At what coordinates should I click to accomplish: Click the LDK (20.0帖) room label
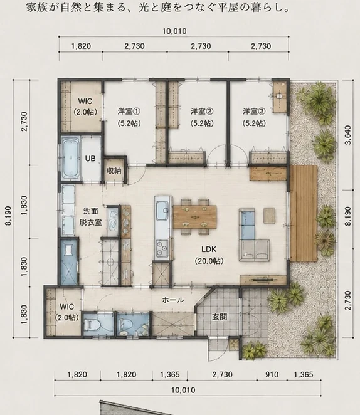point(209,255)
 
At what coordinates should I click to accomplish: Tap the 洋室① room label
point(129,117)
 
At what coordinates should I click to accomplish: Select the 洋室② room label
point(202,117)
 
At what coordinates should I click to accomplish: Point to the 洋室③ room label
point(254,117)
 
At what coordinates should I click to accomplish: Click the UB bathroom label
point(90,159)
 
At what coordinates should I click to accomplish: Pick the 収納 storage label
point(114,171)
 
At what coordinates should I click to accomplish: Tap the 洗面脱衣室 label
point(90,217)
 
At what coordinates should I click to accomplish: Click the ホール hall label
point(173,300)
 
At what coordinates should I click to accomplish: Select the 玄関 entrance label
point(220,317)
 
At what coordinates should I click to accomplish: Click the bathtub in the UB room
point(71,158)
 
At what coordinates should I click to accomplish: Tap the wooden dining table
point(194,217)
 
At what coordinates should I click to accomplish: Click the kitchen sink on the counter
point(162,211)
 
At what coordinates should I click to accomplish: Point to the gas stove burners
point(162,250)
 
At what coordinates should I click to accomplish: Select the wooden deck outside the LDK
point(304,213)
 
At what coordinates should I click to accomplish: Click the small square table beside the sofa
point(269,216)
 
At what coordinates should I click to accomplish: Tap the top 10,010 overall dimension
point(174,31)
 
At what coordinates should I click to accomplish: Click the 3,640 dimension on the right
point(348,135)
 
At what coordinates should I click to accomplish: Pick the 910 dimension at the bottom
point(272,374)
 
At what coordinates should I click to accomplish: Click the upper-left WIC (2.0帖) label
point(85,107)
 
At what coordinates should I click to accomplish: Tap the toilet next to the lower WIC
point(90,325)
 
